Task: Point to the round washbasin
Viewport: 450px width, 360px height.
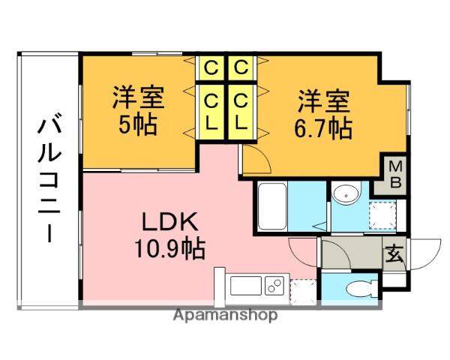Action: (x=346, y=194)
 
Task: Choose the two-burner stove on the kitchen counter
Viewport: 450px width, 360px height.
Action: (x=274, y=286)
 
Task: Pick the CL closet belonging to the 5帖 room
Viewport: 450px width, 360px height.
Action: (x=212, y=109)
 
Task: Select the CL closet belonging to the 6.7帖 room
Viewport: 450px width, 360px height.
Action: (x=240, y=109)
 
